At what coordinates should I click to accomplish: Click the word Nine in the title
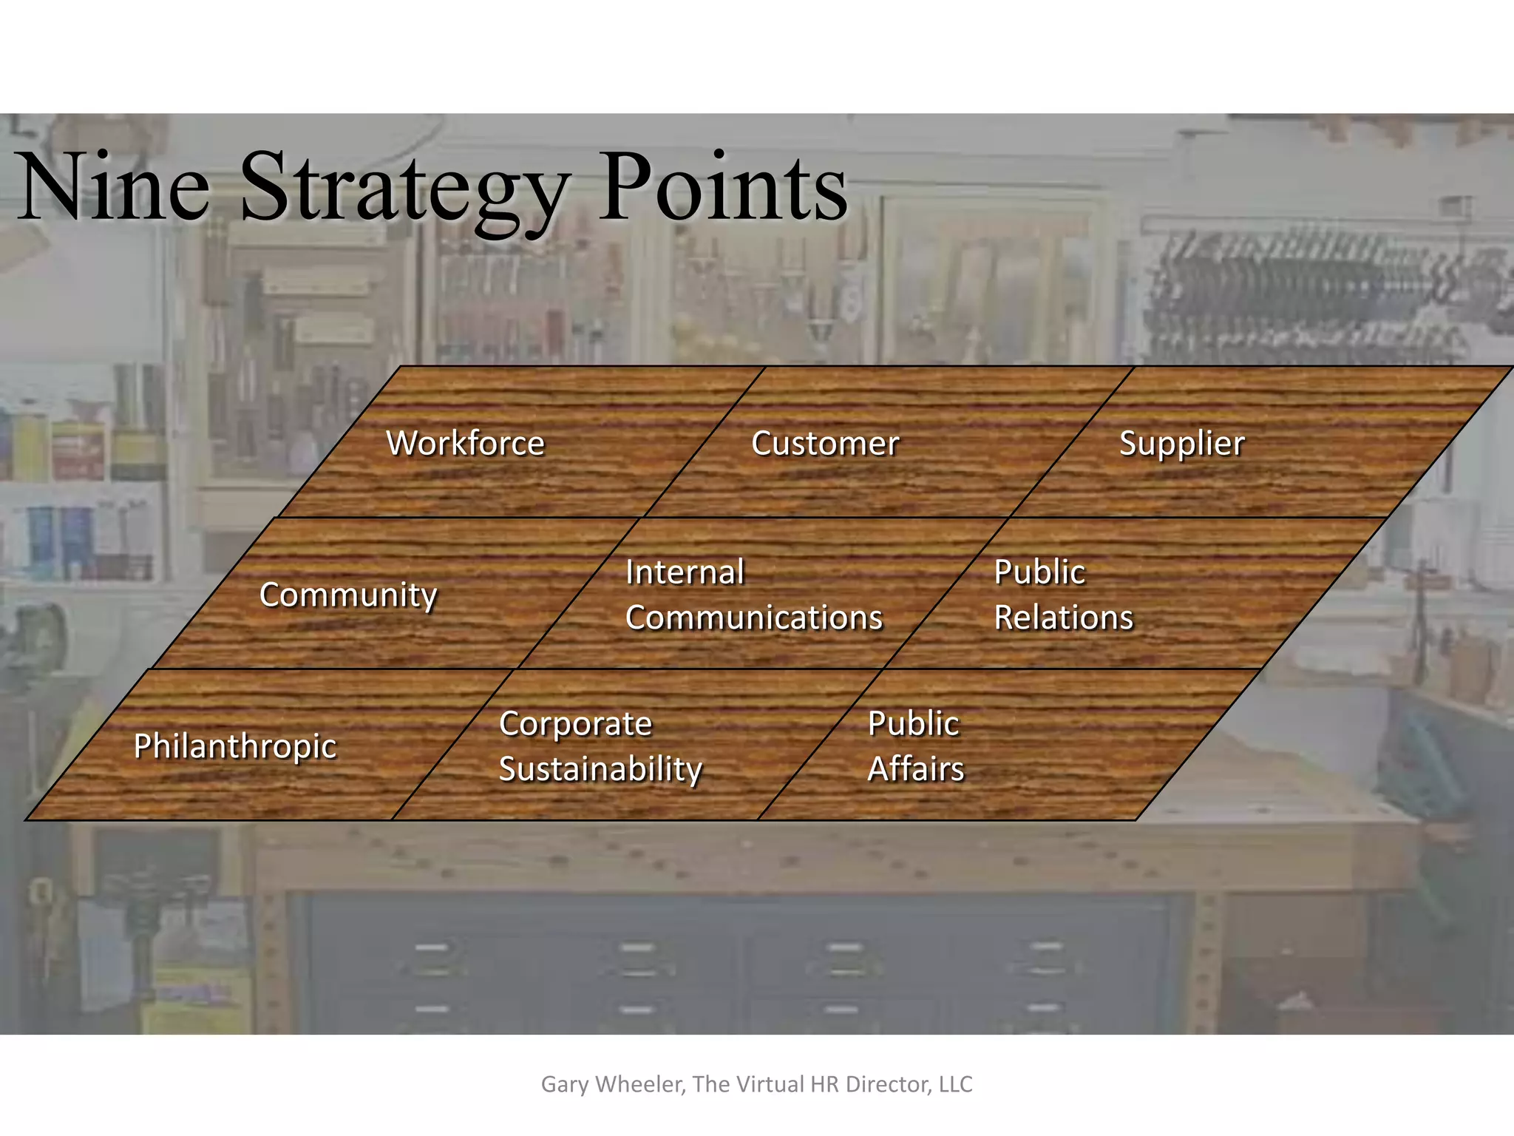[x=115, y=186]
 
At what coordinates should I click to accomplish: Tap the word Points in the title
[x=722, y=186]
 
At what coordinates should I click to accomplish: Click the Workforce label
[x=465, y=444]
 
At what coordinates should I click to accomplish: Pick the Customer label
[x=825, y=444]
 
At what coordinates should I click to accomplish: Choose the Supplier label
[x=1181, y=444]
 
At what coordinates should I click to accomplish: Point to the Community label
[x=348, y=595]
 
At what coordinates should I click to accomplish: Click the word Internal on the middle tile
[x=685, y=572]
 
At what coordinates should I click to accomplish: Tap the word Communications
[x=753, y=618]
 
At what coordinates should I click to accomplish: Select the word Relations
[x=1063, y=618]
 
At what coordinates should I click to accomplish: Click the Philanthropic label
[x=235, y=746]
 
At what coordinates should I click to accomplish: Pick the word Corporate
[x=575, y=724]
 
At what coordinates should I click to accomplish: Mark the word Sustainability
[x=600, y=770]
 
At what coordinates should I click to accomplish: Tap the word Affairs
[x=915, y=769]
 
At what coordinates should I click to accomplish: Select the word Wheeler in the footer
[x=640, y=1084]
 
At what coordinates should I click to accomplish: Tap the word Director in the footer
[x=889, y=1084]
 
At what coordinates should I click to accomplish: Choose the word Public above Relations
[x=1039, y=572]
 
